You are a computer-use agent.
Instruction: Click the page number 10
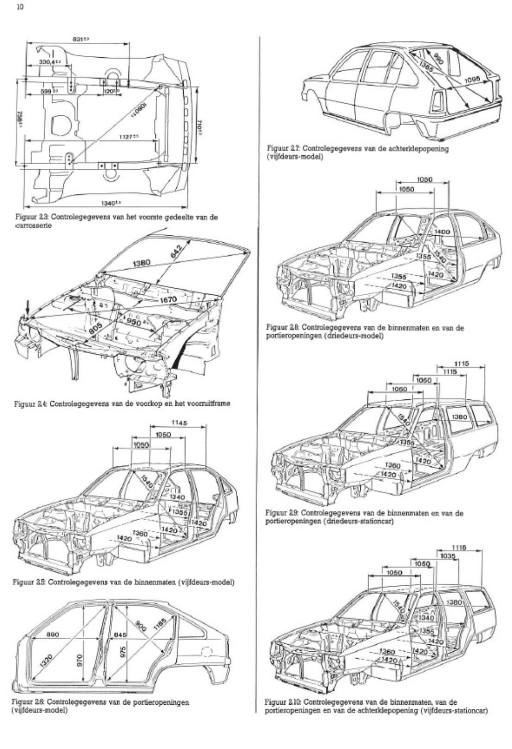21,7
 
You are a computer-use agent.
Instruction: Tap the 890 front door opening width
52,635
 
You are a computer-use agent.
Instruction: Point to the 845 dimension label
120,635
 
